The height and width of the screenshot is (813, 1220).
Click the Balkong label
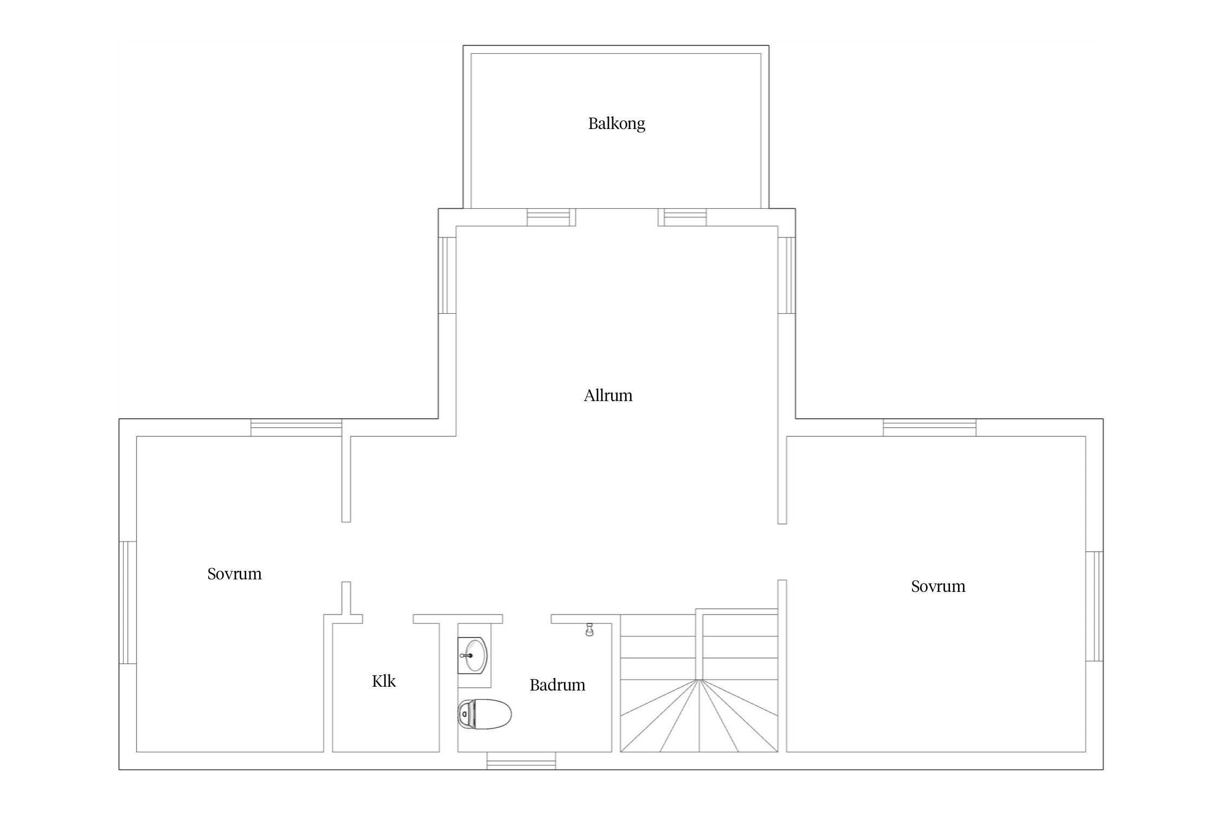tap(617, 124)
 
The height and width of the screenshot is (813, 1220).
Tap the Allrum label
tap(608, 396)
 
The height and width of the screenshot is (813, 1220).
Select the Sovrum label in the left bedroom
tap(234, 574)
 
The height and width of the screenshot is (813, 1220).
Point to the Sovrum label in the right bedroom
tap(938, 586)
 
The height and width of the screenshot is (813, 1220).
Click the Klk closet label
tap(384, 681)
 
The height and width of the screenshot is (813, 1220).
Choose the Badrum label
tap(557, 685)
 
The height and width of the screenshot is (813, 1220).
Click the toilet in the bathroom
tap(485, 714)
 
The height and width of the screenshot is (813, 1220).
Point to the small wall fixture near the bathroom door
tap(589, 630)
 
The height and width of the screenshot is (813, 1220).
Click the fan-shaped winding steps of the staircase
tap(699, 715)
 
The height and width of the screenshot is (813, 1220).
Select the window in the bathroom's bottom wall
tap(521, 761)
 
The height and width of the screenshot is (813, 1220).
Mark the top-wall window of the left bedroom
tap(297, 428)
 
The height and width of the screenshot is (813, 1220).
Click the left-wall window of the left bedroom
tap(127, 603)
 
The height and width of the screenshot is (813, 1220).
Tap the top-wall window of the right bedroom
tap(929, 428)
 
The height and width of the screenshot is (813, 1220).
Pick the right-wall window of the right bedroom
tap(1094, 606)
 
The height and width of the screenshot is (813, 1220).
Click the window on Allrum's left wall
tap(447, 275)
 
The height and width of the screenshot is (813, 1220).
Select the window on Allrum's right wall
tap(787, 275)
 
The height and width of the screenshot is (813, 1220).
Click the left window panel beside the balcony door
tap(551, 217)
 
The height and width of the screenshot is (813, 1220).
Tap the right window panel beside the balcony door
tap(683, 217)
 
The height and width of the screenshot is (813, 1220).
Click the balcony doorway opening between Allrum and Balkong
tap(617, 217)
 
